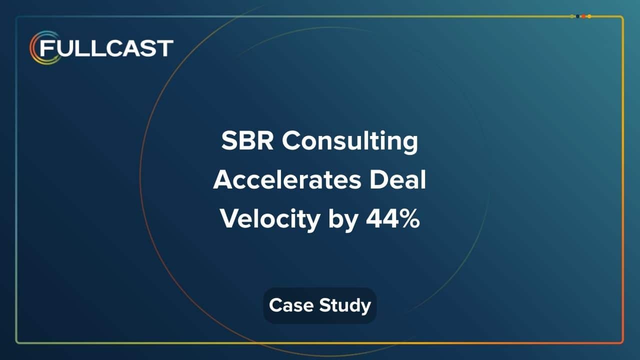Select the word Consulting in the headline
click(x=350, y=142)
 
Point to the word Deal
click(x=398, y=180)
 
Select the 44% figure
click(x=393, y=219)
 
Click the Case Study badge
click(x=320, y=305)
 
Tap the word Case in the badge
click(x=289, y=305)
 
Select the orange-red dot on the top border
click(x=583, y=16)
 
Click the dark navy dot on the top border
click(x=577, y=16)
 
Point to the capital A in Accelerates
click(x=222, y=180)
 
